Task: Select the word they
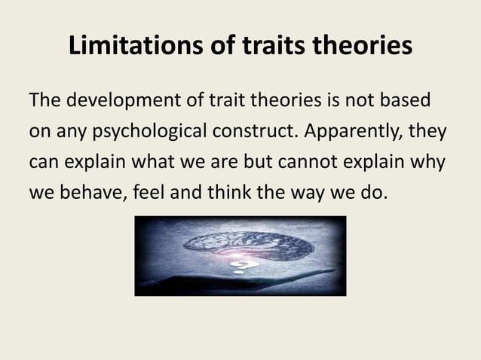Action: (x=428, y=133)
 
